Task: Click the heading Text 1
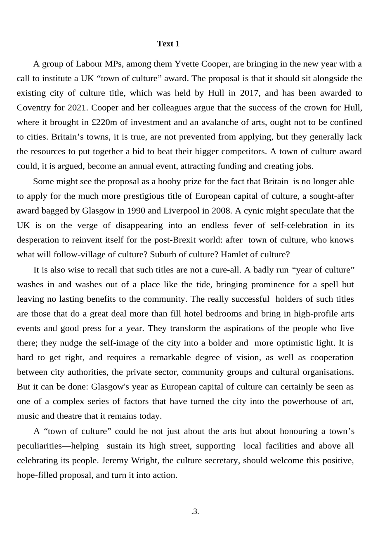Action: tap(168, 44)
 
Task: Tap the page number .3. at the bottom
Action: tap(195, 512)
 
